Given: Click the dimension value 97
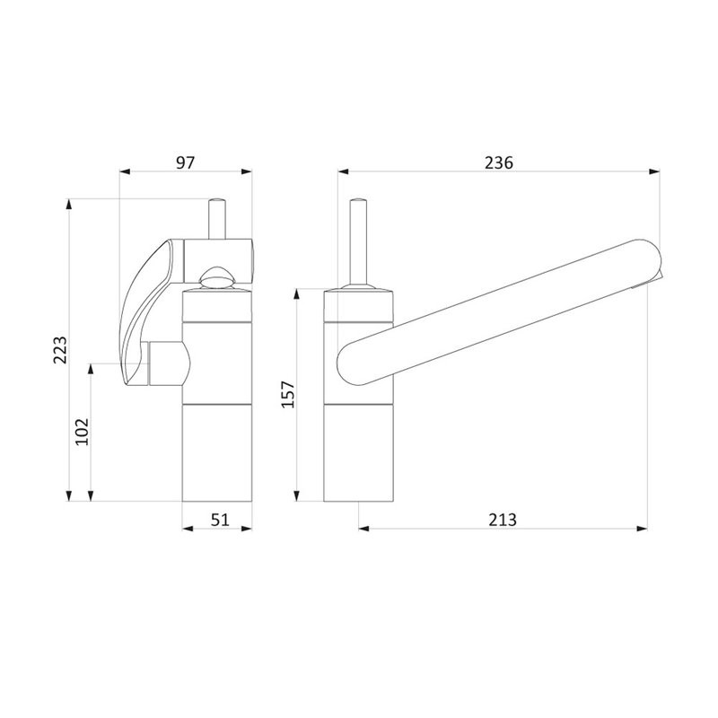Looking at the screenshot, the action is tap(186, 162).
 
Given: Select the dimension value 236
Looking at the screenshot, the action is tap(499, 162).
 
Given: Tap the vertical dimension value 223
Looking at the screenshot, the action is tap(60, 350).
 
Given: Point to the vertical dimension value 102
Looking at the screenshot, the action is tap(82, 432).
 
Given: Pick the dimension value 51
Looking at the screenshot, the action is tap(220, 520).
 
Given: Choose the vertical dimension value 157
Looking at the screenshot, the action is tap(288, 394).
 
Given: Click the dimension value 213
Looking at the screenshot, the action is tap(503, 520).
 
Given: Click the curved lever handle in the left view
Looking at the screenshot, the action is tap(144, 311).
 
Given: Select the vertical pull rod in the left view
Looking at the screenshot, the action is tap(216, 218).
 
